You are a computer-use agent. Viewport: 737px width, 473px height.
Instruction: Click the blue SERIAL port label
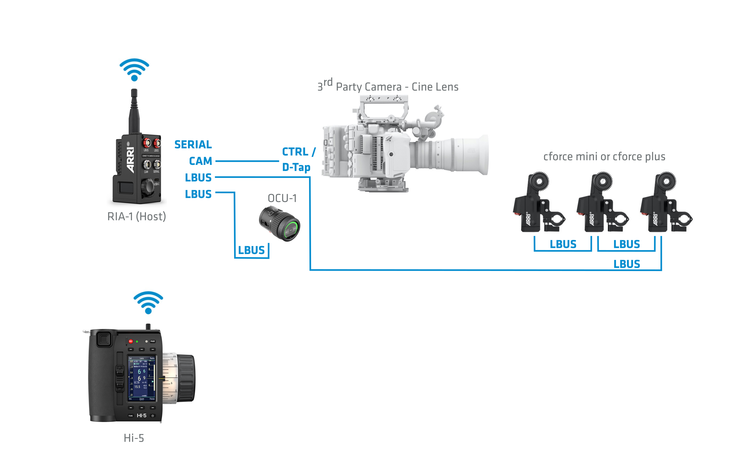193,144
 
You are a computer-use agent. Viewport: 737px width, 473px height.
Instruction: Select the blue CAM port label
200,161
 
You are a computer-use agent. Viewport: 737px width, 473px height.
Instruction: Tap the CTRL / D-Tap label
298,159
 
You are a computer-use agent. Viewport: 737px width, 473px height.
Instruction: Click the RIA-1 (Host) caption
136,217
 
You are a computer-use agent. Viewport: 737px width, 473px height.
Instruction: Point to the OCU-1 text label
282,198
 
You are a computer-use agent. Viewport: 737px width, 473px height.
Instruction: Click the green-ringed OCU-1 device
280,224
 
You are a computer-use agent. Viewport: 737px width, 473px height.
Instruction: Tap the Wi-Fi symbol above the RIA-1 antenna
134,69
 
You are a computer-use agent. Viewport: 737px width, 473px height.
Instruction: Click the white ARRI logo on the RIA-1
131,160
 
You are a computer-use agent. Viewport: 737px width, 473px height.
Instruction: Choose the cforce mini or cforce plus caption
604,157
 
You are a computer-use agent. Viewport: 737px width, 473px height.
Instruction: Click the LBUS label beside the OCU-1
251,250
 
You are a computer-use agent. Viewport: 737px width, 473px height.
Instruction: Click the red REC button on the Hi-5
131,341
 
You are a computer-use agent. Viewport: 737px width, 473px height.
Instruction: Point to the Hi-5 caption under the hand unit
134,438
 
